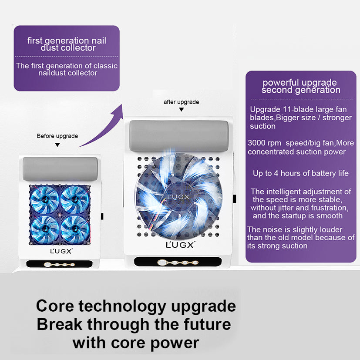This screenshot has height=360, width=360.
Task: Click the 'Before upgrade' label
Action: point(57,136)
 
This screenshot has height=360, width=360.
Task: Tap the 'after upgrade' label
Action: point(181,102)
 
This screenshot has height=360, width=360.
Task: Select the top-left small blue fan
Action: point(44,199)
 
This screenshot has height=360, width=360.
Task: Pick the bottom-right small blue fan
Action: point(75,229)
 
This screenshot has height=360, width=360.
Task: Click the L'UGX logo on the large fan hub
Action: point(178,197)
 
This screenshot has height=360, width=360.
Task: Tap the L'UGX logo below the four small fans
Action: point(61,251)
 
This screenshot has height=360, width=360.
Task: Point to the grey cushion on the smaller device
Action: point(60,169)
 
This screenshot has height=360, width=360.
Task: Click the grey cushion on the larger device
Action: point(179,136)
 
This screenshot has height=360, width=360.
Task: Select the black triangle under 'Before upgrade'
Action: point(57,145)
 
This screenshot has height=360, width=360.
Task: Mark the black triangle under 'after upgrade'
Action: point(182,110)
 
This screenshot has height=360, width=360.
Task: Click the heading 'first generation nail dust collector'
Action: point(67,44)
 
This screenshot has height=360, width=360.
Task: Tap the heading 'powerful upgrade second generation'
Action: point(300,86)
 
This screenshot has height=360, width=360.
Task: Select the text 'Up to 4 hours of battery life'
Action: point(301,173)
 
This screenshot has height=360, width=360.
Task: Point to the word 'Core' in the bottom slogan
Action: point(55,306)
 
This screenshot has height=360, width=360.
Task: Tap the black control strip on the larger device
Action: point(178,262)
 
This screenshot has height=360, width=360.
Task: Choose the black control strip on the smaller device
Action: point(60,264)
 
